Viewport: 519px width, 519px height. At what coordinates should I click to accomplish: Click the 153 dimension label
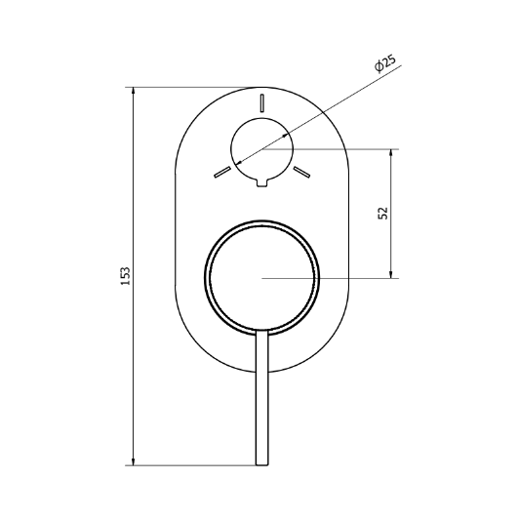coord(126,276)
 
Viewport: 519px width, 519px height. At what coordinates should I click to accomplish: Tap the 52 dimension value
coord(382,213)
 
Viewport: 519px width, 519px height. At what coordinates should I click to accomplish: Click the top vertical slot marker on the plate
coord(262,103)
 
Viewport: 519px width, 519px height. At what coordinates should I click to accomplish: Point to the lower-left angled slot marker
coord(222,172)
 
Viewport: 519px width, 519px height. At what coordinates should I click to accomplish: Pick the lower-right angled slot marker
coord(301,172)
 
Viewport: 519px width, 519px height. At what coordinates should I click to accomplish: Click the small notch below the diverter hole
coord(262,182)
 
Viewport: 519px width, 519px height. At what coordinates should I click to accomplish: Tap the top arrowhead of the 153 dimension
coord(134,91)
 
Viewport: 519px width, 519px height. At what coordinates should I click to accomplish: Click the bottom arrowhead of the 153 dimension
coord(134,461)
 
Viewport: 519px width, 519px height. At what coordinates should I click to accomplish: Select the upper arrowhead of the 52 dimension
coord(391,153)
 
